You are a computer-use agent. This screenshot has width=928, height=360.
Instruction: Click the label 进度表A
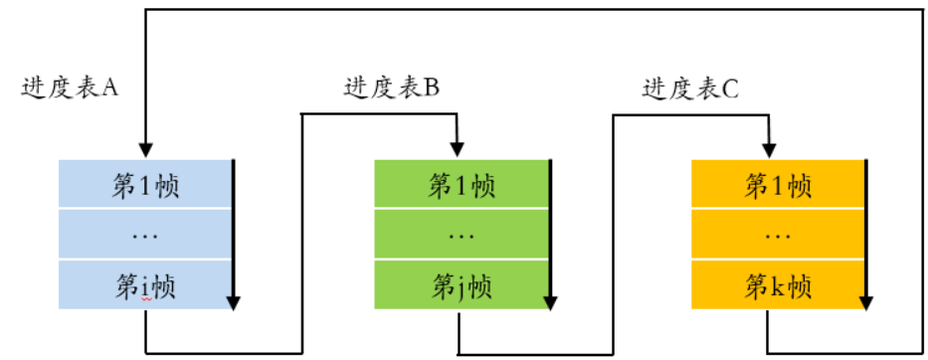71,88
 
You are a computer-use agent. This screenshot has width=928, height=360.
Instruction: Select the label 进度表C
690,89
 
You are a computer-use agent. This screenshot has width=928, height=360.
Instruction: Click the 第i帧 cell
145,286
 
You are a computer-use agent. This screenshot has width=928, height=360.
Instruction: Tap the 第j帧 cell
462,286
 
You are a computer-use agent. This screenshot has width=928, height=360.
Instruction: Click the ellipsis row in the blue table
145,236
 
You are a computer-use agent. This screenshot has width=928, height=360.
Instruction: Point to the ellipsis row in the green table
462,236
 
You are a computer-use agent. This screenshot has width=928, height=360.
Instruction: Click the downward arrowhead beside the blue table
234,302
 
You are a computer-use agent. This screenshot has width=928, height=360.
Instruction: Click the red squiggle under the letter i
145,297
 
